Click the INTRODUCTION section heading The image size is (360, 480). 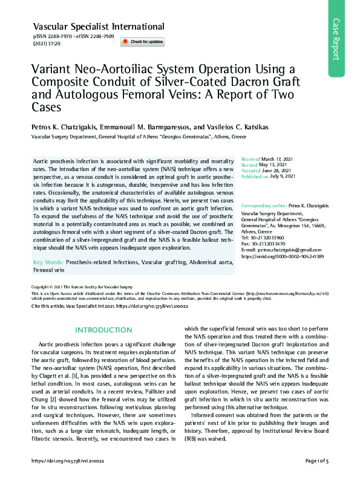click(x=99, y=330)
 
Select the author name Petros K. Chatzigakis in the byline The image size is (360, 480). click(x=64, y=128)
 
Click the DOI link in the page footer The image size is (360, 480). click(x=68, y=461)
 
